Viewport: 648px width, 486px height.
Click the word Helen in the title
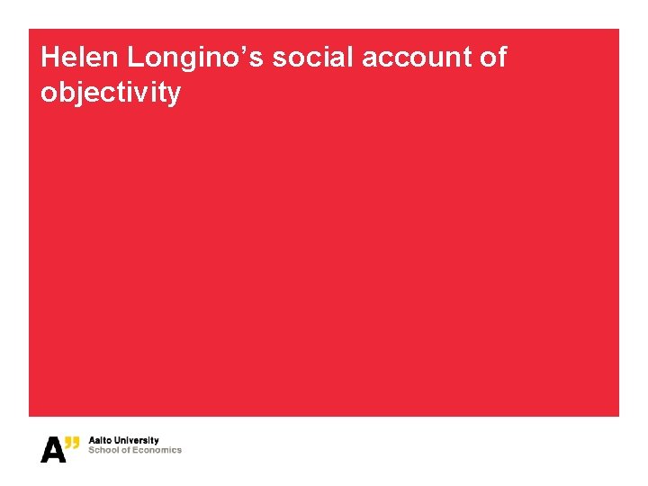coord(79,58)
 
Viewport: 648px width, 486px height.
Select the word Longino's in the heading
coord(194,58)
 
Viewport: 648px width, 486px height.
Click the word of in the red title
coord(494,58)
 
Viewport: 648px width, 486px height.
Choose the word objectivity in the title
coord(111,92)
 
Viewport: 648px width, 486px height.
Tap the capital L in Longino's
coord(135,58)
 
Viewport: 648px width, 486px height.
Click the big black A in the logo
coord(53,449)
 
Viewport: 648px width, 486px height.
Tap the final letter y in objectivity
coord(174,94)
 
